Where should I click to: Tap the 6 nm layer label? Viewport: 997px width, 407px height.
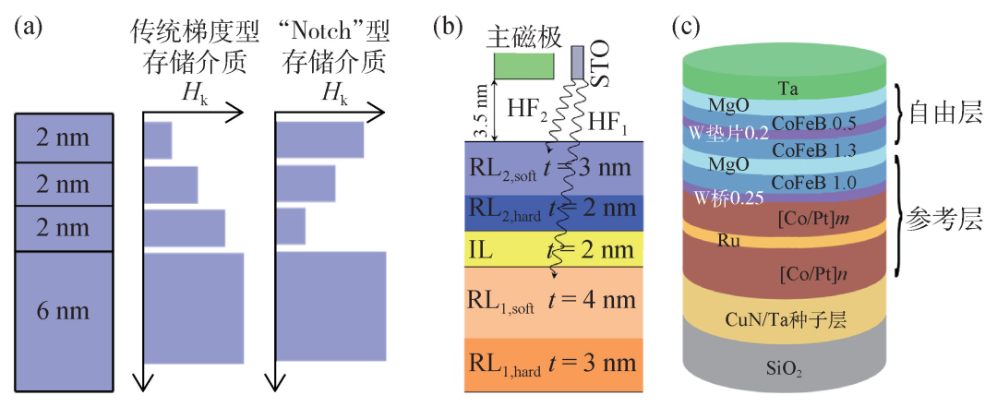coord(63,312)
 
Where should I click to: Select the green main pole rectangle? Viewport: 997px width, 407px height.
coord(524,66)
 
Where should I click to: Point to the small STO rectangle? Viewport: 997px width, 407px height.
coord(577,63)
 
